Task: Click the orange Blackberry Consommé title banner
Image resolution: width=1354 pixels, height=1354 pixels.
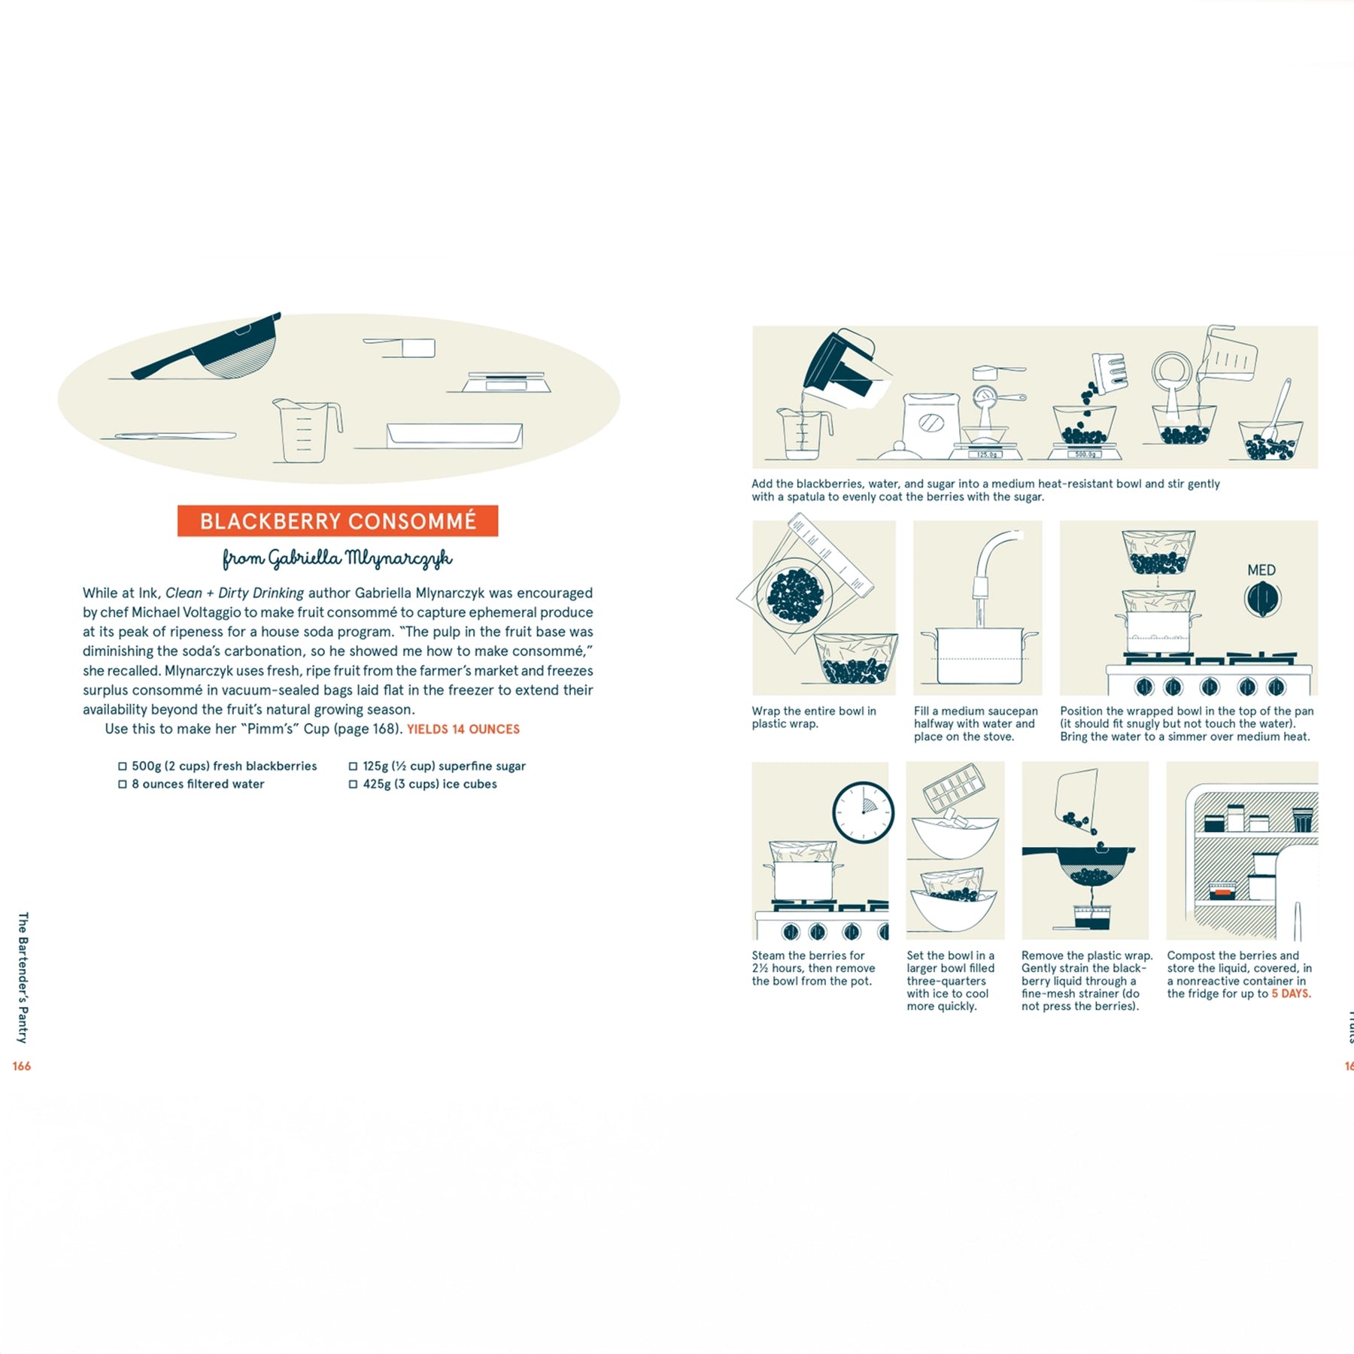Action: pyautogui.click(x=338, y=521)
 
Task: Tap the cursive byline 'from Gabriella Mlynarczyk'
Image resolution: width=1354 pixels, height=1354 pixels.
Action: pyautogui.click(x=338, y=558)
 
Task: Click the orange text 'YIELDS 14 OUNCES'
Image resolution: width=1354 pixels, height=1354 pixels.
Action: pyautogui.click(x=463, y=729)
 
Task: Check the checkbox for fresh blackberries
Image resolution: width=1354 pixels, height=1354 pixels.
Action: pyautogui.click(x=123, y=766)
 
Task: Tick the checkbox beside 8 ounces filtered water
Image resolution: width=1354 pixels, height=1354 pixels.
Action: pyautogui.click(x=123, y=784)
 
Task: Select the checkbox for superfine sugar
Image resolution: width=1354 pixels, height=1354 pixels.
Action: pyautogui.click(x=353, y=766)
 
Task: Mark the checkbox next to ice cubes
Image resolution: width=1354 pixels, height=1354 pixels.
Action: pyautogui.click(x=353, y=784)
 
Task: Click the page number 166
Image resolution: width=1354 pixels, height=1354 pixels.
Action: pyautogui.click(x=22, y=1066)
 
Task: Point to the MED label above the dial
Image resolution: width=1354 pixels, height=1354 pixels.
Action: pyautogui.click(x=1261, y=570)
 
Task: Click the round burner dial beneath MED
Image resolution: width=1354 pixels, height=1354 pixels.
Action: pyautogui.click(x=1262, y=600)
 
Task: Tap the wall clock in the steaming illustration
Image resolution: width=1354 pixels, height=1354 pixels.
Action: pyautogui.click(x=863, y=812)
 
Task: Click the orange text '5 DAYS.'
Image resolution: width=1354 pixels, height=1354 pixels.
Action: pyautogui.click(x=1291, y=994)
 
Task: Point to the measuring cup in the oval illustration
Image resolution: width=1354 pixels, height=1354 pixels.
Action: pyautogui.click(x=307, y=430)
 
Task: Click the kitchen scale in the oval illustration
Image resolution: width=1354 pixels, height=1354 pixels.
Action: pyautogui.click(x=505, y=382)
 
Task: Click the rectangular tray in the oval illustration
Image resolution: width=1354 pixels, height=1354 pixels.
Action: pyautogui.click(x=454, y=436)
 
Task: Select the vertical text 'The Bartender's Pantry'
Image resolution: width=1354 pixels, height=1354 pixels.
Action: pyautogui.click(x=23, y=978)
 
